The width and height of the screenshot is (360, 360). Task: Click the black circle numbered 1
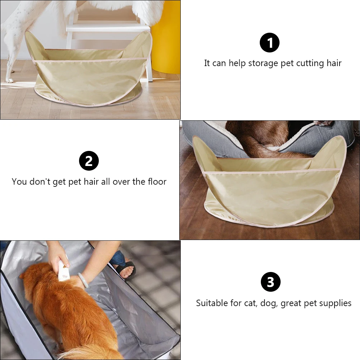coord(269,42)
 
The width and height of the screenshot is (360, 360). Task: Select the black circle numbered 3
coord(270,282)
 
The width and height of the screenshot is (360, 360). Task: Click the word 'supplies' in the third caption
coord(334,304)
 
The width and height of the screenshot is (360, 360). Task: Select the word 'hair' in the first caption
coord(334,64)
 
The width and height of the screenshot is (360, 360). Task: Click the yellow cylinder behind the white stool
coord(166,36)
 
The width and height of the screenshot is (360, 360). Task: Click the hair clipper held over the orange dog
coord(64,271)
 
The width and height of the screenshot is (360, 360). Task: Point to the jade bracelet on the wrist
coord(83,280)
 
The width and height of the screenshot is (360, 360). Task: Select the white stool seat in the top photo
coord(108,28)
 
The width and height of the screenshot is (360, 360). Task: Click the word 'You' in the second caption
coord(19,182)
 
